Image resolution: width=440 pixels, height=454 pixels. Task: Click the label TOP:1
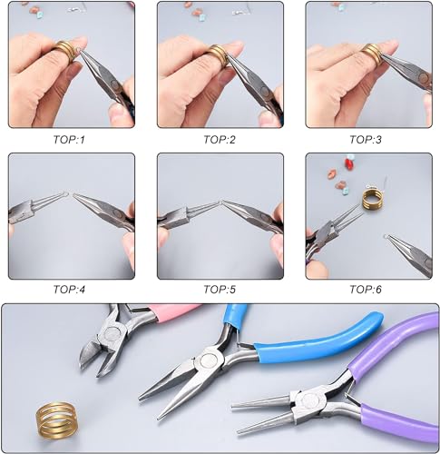[x=69, y=140]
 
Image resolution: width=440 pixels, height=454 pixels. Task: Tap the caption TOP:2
[x=220, y=140]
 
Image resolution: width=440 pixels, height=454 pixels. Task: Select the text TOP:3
[x=366, y=140]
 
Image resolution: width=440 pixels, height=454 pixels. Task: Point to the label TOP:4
[x=69, y=290]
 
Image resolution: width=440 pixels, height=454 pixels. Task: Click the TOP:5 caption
[x=220, y=290]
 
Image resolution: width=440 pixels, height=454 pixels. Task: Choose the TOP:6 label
[x=366, y=290]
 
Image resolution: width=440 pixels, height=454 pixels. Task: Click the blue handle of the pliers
[x=318, y=338]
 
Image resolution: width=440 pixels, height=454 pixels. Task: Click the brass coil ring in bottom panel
[x=55, y=419]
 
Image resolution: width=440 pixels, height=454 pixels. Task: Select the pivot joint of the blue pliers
[x=209, y=360]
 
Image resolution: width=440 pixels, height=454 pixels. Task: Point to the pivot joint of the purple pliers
[x=309, y=400]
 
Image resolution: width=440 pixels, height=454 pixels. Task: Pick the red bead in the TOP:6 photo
[x=349, y=164]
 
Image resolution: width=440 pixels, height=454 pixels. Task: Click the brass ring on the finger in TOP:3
[x=371, y=54]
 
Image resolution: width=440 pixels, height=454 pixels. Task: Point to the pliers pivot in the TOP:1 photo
[x=115, y=84]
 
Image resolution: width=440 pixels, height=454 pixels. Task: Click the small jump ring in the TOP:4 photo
[x=68, y=194]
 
